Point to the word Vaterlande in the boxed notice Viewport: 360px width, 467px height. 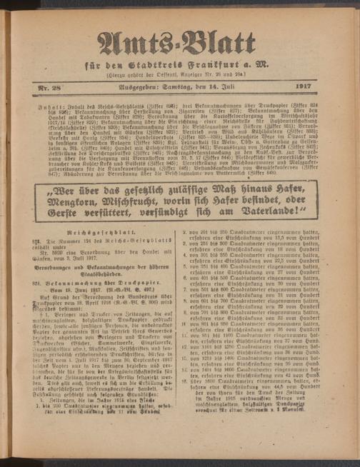click(x=281, y=211)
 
